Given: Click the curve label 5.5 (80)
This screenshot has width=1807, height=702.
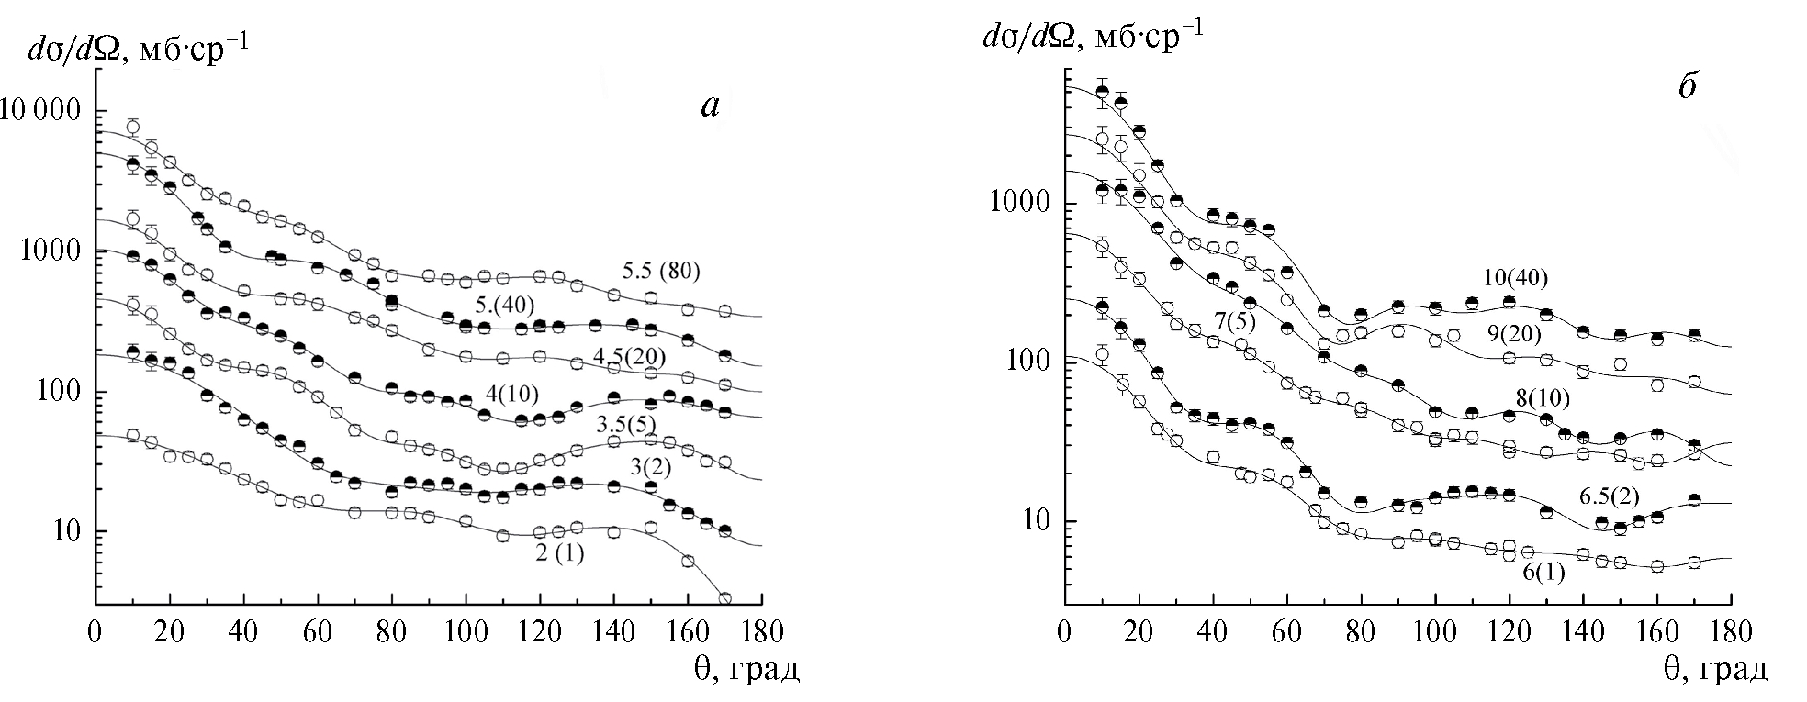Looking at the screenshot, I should (661, 271).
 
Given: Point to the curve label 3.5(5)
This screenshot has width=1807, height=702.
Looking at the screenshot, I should (626, 425).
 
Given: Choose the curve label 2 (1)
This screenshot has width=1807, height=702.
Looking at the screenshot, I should (559, 553).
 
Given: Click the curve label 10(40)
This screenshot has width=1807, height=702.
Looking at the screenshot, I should (1521, 278).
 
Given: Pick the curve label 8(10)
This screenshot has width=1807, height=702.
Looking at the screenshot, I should (1543, 397).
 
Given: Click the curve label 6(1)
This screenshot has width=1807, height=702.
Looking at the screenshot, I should (1544, 572).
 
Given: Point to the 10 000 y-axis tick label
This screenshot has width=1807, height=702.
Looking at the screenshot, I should (43, 111).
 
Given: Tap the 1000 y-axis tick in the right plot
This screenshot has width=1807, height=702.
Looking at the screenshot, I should (1017, 203).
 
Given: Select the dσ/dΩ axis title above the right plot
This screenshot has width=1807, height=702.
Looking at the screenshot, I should (1093, 37).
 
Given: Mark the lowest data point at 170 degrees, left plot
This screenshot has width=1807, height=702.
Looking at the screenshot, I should (724, 598).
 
